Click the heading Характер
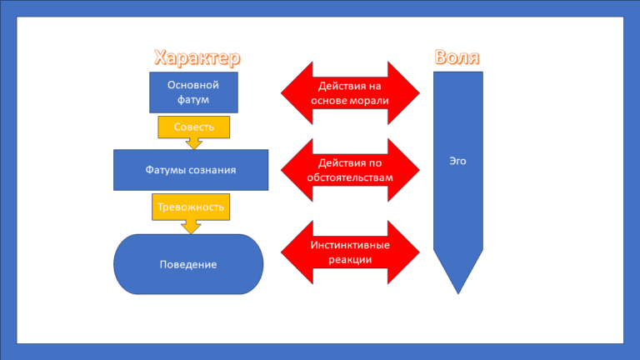pyautogui.click(x=197, y=57)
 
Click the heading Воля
pyautogui.click(x=457, y=57)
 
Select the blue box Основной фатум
pyautogui.click(x=193, y=92)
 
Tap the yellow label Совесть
pyautogui.click(x=193, y=127)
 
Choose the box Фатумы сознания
pyautogui.click(x=191, y=170)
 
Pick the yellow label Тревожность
pyautogui.click(x=191, y=207)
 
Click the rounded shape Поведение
pyautogui.click(x=188, y=264)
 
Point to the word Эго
pyautogui.click(x=457, y=161)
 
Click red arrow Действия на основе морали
pyautogui.click(x=350, y=92)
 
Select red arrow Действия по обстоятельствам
pyautogui.click(x=350, y=170)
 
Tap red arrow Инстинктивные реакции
pyautogui.click(x=350, y=252)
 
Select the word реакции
pyautogui.click(x=350, y=260)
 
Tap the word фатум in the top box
pyautogui.click(x=193, y=100)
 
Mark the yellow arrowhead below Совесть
pyautogui.click(x=194, y=143)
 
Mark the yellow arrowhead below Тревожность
pyautogui.click(x=192, y=226)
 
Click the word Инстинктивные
pyautogui.click(x=350, y=246)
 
